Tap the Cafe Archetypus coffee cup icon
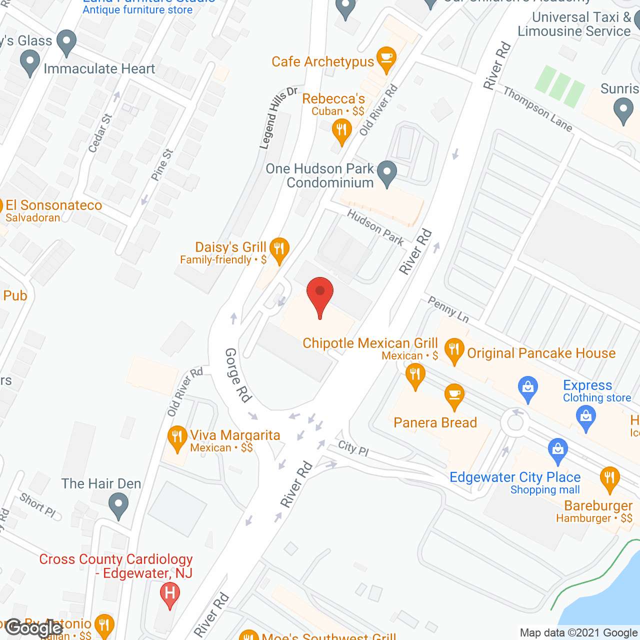(x=386, y=57)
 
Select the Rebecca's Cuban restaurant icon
(x=341, y=131)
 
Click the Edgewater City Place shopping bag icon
(x=557, y=449)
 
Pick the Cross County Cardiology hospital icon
(x=169, y=594)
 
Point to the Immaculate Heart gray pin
(x=30, y=63)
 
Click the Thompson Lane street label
(x=537, y=109)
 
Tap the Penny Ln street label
(x=448, y=309)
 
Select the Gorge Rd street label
(x=237, y=375)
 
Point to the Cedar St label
(x=100, y=133)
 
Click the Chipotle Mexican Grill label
(x=370, y=343)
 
